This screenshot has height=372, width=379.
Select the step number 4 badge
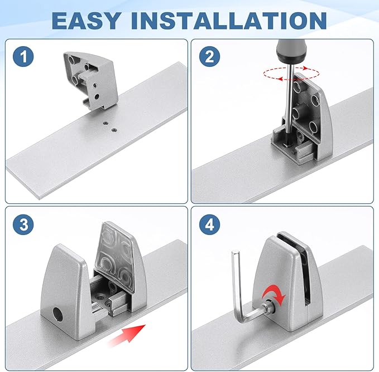[210, 225]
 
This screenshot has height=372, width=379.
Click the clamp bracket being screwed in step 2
[310, 120]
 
